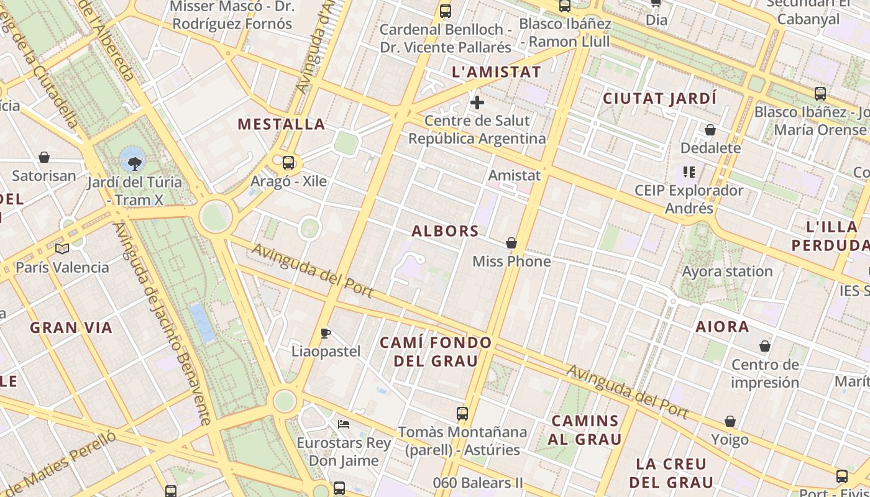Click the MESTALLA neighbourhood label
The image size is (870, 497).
tap(282, 124)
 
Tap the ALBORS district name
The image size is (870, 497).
tap(446, 231)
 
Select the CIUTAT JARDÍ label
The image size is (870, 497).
tap(659, 99)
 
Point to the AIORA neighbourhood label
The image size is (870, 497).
tap(722, 327)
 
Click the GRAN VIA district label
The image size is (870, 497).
tap(71, 327)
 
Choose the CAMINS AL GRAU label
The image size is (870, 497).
tap(585, 430)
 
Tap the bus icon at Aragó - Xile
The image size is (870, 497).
tap(288, 163)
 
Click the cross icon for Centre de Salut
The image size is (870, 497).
tap(477, 103)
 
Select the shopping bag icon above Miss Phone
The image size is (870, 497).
tap(511, 243)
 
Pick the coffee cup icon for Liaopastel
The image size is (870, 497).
tap(326, 334)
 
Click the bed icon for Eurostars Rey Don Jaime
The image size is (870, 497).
tap(344, 424)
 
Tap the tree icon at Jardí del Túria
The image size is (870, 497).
tap(134, 163)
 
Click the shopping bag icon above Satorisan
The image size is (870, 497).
tap(44, 157)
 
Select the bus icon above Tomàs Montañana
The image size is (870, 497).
tap(462, 413)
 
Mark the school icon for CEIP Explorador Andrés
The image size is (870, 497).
tap(689, 171)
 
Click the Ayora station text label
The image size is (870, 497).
tap(727, 271)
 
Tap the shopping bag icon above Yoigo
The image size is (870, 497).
tap(730, 422)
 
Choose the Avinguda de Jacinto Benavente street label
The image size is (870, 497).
tap(162, 323)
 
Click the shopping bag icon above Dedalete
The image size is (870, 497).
tap(710, 130)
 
